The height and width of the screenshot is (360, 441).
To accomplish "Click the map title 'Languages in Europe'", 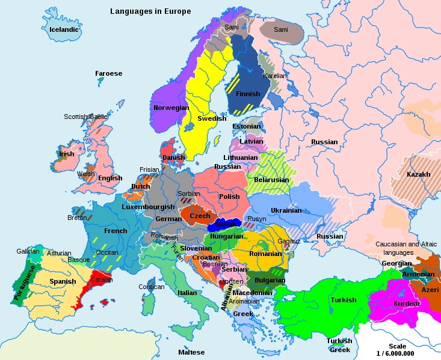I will click(150, 11).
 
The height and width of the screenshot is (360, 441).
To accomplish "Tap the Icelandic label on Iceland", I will click(64, 29).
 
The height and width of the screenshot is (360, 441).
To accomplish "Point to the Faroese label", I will click(108, 73).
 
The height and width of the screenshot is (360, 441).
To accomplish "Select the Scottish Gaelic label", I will click(85, 117).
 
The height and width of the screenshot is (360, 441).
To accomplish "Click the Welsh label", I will click(86, 174).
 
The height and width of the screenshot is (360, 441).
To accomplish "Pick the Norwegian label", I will click(171, 108).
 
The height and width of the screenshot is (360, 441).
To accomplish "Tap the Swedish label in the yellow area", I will click(212, 118).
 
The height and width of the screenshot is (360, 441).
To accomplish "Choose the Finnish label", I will click(248, 94).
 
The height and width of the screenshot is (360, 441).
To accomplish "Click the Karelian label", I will click(275, 76).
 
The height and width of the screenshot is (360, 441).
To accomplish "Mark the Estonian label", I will click(246, 126).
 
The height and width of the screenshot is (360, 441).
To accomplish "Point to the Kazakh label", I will click(418, 174).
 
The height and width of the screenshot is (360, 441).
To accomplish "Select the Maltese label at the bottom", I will click(191, 352).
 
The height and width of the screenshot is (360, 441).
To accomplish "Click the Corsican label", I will click(151, 287).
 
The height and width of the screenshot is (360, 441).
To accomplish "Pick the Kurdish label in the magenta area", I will click(407, 304).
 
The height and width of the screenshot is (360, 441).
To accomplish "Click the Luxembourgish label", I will click(148, 207).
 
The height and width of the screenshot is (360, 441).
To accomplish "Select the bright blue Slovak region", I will click(230, 224).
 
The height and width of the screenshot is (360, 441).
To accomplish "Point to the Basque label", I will click(79, 260).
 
